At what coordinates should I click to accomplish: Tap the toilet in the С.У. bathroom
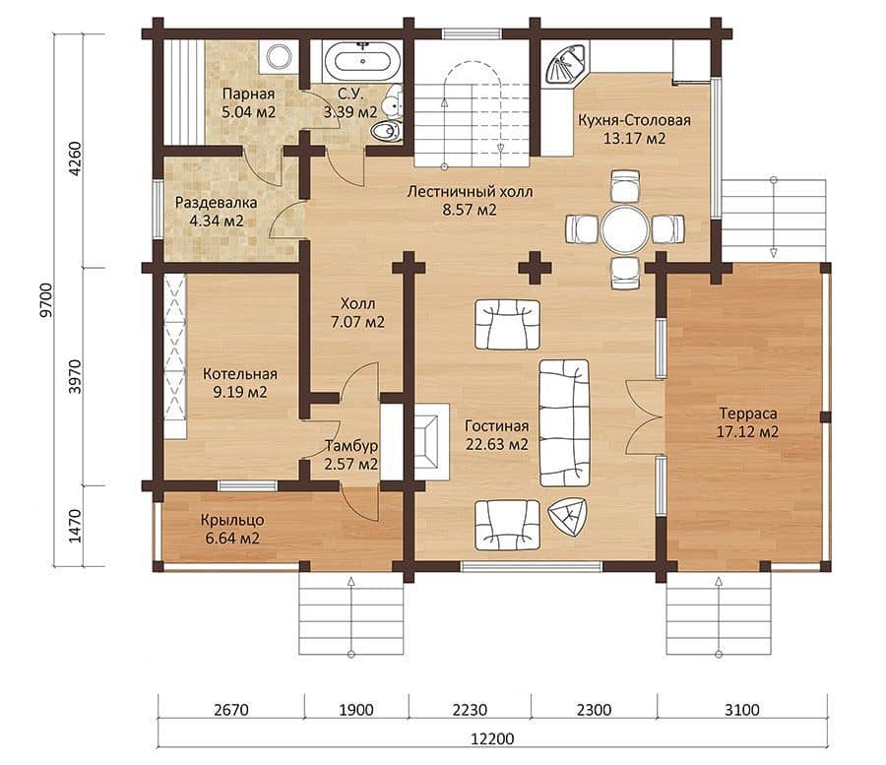[385, 131]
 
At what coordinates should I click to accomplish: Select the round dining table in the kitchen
[625, 230]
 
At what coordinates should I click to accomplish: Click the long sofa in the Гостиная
[564, 422]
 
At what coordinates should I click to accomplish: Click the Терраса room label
[747, 413]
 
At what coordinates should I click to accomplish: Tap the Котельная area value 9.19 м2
[240, 392]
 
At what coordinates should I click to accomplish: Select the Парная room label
[249, 94]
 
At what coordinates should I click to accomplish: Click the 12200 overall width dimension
[493, 738]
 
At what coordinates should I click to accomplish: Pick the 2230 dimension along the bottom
[470, 709]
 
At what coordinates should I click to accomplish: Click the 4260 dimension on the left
[75, 159]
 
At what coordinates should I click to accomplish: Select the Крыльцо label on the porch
[232, 520]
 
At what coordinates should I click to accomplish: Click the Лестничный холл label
[470, 192]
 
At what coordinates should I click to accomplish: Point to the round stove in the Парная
[279, 56]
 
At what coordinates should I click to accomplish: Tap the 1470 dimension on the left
[75, 526]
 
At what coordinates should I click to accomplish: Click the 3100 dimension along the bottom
[742, 709]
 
